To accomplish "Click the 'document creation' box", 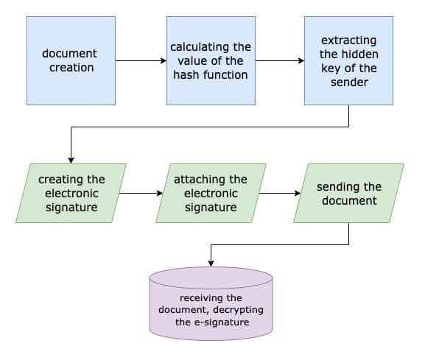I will tap(71, 60).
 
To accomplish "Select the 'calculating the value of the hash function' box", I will tap(210, 60).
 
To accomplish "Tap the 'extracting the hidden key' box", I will tap(348, 60).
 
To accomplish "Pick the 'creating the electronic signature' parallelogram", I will tap(71, 193).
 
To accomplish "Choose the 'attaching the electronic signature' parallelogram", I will tap(210, 193).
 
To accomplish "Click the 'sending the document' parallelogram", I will tap(348, 193).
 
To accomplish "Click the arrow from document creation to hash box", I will tap(141, 60).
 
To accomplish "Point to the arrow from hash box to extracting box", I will tap(279, 60).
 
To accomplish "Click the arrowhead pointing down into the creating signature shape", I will tap(71, 159).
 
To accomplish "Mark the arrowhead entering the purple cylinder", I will tap(211, 263).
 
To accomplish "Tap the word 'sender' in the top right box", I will tap(348, 82).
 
